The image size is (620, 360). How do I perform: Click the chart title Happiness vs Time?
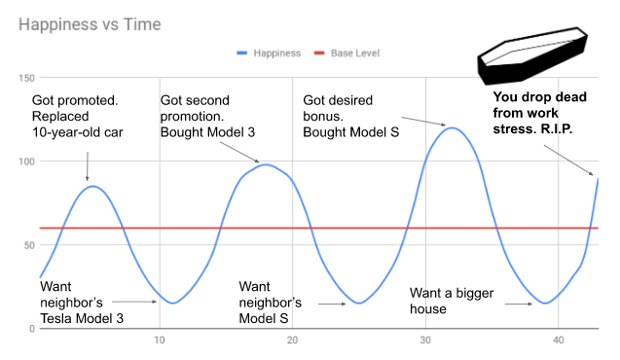pos(92,21)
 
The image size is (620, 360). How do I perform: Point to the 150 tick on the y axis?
pos(26,78)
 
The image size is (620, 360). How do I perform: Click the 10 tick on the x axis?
pos(160,340)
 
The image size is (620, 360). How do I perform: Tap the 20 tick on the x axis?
pos(293,340)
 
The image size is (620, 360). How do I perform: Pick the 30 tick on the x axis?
pos(425,340)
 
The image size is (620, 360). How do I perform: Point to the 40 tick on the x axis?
pos(558,340)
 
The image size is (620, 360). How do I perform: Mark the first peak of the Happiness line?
pos(91,186)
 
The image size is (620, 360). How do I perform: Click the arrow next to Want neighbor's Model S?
pos(332,304)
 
